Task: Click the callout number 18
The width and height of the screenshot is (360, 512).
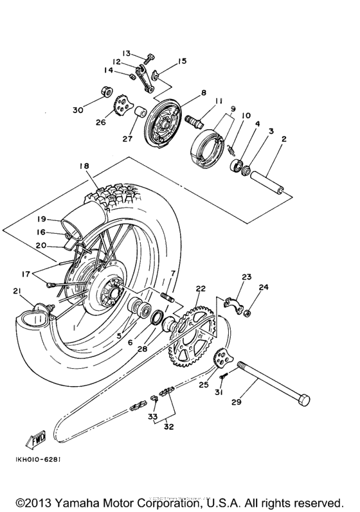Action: [x=84, y=166]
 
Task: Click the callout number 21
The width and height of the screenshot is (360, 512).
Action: [x=17, y=292]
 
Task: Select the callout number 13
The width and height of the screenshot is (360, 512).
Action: [x=126, y=53]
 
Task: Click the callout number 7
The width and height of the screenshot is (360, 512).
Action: [x=172, y=274]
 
